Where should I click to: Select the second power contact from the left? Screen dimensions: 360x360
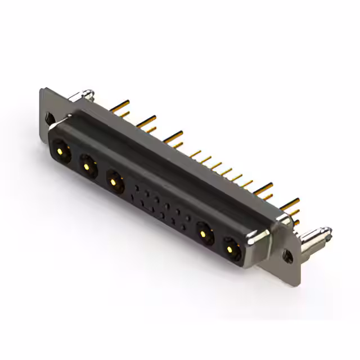pos(87,166)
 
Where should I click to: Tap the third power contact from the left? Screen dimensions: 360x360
pos(114,182)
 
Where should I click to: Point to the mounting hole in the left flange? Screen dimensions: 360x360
pos(49,119)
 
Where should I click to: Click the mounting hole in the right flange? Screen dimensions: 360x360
pos(287,255)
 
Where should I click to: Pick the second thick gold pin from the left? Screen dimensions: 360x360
pos(147,120)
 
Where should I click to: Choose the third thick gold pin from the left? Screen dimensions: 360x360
pos(173,135)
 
